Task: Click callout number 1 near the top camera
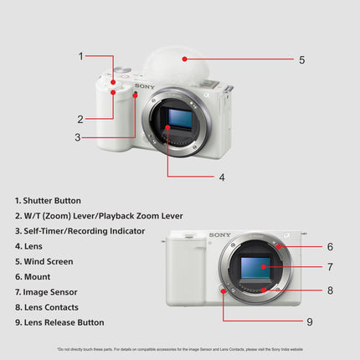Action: pyautogui.click(x=81, y=56)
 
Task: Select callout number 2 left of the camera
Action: pyautogui.click(x=81, y=118)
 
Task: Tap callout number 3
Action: pyautogui.click(x=77, y=137)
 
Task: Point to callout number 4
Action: pyautogui.click(x=222, y=177)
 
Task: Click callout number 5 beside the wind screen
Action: pyautogui.click(x=279, y=59)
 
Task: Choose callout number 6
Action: pyautogui.click(x=330, y=247)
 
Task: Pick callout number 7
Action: pyautogui.click(x=330, y=268)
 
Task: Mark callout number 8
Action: pyautogui.click(x=330, y=291)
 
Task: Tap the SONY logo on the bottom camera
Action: pyautogui.click(x=220, y=235)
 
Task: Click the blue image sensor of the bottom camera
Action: pyautogui.click(x=259, y=269)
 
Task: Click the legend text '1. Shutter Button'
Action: pyautogui.click(x=48, y=200)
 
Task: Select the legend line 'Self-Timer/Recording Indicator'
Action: pyautogui.click(x=80, y=231)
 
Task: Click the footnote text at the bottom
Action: pyautogui.click(x=180, y=349)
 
